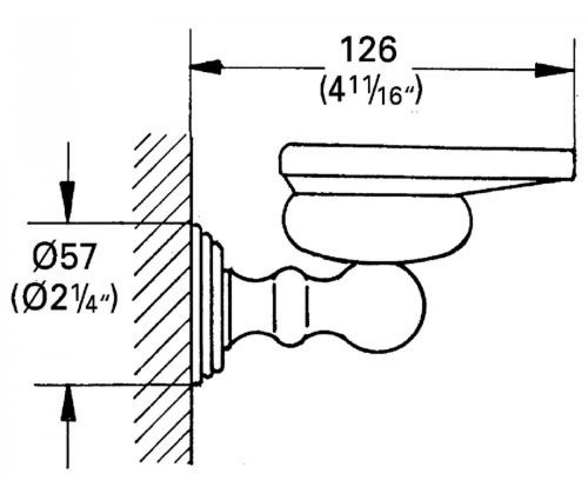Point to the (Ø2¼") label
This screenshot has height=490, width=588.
point(63,299)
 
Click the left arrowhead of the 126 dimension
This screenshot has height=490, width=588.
point(206,67)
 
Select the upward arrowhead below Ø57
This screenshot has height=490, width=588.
point(69,404)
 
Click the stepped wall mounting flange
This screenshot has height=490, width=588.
point(208,304)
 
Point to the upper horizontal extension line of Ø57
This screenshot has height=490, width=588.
point(110,223)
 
